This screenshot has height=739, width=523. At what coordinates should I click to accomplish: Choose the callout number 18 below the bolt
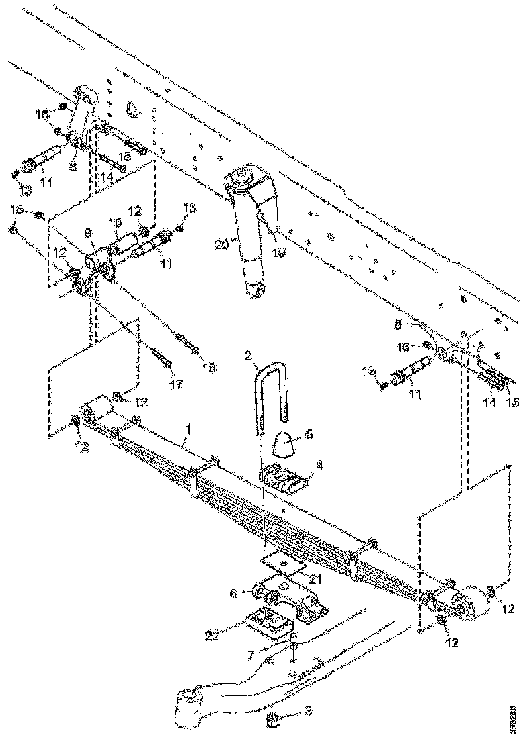pyautogui.click(x=209, y=369)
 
